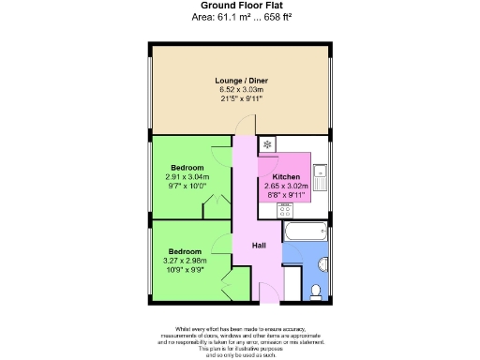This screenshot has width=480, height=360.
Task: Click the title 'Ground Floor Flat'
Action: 240,6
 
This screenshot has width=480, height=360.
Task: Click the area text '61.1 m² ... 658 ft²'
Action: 255,17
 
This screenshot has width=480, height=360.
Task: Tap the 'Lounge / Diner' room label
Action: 240,82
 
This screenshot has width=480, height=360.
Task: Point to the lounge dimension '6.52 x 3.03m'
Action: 240,90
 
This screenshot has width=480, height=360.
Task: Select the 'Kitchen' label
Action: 286,177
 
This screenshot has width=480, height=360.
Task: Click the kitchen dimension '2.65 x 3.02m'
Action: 286,187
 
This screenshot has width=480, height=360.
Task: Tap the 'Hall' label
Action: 260,246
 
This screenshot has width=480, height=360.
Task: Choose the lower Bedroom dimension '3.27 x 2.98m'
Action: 185,261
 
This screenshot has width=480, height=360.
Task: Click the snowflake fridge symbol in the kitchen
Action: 268,144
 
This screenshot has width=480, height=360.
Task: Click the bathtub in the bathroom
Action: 304,232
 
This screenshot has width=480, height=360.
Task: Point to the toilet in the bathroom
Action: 317,290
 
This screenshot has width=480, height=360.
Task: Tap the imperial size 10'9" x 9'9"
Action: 185,270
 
